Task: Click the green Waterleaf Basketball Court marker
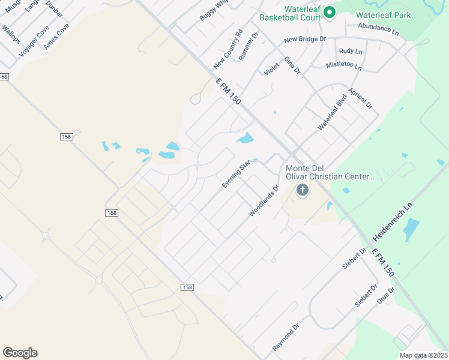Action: [329, 11]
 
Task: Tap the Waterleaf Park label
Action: [383, 15]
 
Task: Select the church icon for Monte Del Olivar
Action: [303, 191]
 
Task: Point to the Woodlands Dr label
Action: [265, 201]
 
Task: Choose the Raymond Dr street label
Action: [286, 338]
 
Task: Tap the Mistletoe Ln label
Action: [344, 65]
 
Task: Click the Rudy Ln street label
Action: [351, 52]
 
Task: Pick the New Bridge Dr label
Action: [305, 40]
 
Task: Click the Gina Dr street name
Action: [292, 66]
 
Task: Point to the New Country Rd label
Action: [228, 48]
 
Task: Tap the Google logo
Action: [20, 353]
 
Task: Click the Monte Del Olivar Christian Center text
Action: [330, 172]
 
